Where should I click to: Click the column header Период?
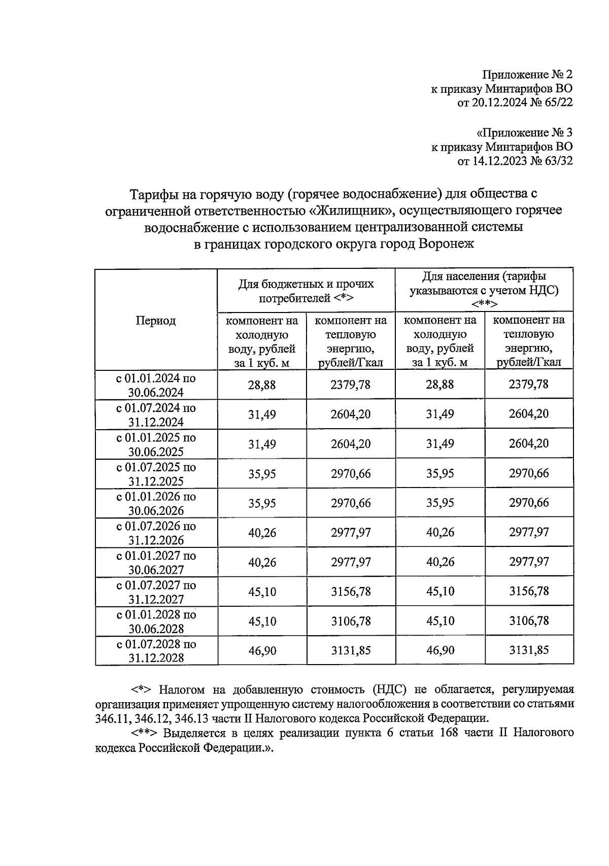155,321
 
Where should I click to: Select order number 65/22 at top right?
557,103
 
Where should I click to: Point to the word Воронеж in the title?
446,245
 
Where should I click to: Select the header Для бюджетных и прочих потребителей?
306,290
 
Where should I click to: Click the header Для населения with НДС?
484,290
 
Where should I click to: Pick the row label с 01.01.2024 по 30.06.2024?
156,385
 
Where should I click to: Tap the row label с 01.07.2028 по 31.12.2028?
156,651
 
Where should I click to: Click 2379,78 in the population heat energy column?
528,384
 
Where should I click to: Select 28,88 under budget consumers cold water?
262,385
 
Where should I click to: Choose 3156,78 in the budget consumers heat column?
351,592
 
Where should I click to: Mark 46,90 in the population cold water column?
440,650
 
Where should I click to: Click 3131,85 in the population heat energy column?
528,650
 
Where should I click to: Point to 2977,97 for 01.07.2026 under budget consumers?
351,533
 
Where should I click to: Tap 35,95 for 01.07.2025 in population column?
440,473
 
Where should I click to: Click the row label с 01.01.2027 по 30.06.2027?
156,563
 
